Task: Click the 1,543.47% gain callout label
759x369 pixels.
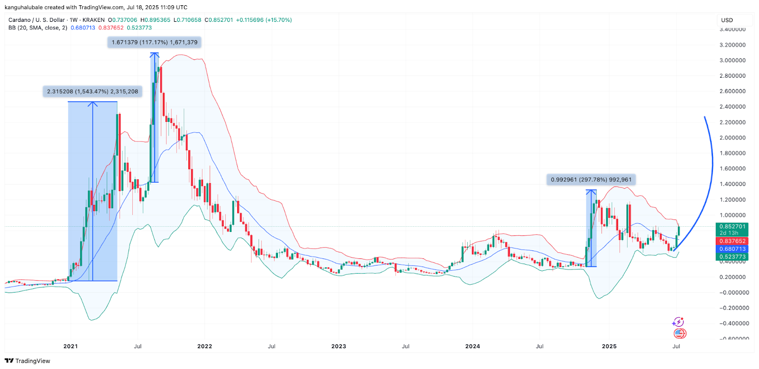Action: (93, 92)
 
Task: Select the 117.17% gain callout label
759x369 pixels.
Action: (154, 42)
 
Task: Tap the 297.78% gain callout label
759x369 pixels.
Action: (591, 180)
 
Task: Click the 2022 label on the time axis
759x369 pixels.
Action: (204, 346)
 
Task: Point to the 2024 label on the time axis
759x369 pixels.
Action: (472, 346)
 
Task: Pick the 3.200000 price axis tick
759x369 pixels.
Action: (732, 45)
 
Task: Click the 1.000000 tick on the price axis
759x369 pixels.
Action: (732, 215)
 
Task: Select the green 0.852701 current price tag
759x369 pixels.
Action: (732, 227)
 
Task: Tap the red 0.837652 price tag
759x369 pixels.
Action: (732, 241)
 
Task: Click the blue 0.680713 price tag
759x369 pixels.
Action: (732, 249)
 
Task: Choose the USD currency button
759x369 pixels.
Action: (727, 20)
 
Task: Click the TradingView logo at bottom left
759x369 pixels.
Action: (28, 361)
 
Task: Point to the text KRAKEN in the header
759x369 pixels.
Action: (93, 20)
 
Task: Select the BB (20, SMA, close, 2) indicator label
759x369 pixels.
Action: (38, 28)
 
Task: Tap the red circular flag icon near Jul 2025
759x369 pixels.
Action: (680, 333)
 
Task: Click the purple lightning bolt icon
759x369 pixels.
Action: (678, 323)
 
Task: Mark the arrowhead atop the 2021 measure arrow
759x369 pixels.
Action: (93, 104)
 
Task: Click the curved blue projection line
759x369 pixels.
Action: (712, 166)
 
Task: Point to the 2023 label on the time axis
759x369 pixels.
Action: (339, 346)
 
